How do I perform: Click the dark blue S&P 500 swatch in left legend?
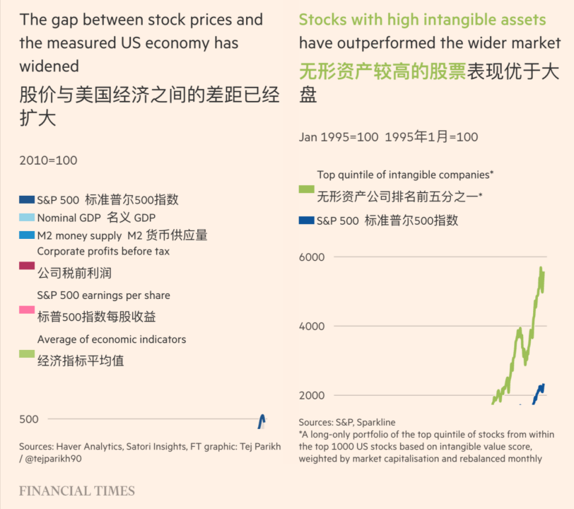click(x=27, y=200)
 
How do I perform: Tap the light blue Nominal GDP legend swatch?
click(x=27, y=218)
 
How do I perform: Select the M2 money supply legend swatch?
click(x=27, y=235)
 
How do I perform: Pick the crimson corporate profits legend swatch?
click(x=27, y=266)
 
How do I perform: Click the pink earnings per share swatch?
click(x=27, y=310)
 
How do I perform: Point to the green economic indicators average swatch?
click(x=27, y=353)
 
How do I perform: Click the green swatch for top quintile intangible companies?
click(x=306, y=189)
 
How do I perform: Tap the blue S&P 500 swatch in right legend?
click(x=306, y=221)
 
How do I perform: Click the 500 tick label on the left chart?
click(x=29, y=419)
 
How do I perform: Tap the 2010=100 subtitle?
click(x=48, y=160)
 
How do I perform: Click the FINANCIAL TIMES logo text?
click(x=76, y=491)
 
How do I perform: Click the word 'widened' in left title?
click(x=49, y=66)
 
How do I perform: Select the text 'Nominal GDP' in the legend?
click(x=69, y=218)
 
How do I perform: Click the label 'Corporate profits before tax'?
click(x=103, y=251)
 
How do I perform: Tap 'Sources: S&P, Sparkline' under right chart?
click(x=346, y=423)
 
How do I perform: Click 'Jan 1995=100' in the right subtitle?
click(x=339, y=136)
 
